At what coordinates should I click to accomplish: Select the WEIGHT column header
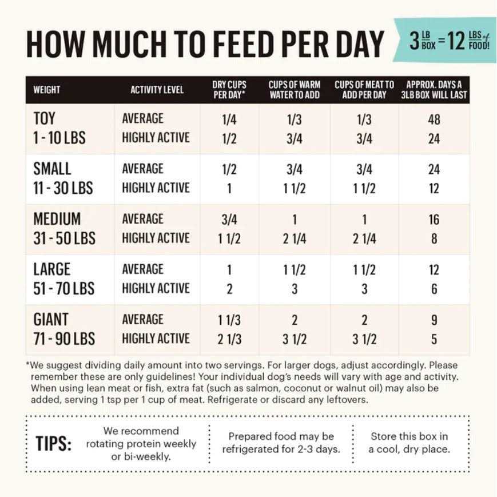coord(47,90)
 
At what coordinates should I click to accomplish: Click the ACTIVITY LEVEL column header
coord(157,90)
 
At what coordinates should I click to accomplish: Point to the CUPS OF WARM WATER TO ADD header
coord(295,90)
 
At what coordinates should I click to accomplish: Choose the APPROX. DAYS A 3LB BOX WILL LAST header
coord(434,90)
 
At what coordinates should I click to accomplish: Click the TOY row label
coord(45,118)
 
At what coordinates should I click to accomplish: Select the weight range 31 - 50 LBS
coord(65,238)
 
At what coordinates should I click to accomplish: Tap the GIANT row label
coord(51,319)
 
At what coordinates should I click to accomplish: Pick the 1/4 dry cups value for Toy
coord(229,120)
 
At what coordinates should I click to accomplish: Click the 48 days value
coord(434,120)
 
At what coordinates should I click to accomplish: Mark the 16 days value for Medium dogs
coord(434,220)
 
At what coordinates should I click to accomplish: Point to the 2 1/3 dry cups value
coord(229,339)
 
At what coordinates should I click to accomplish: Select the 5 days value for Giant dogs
coord(434,339)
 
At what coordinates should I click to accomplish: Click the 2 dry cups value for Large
coord(229,289)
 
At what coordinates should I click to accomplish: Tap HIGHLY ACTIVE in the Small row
coord(156,188)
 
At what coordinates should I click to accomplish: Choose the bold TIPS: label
coord(54,444)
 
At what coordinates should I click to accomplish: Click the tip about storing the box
coord(409,443)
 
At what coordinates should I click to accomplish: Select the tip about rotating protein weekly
coord(141,443)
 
